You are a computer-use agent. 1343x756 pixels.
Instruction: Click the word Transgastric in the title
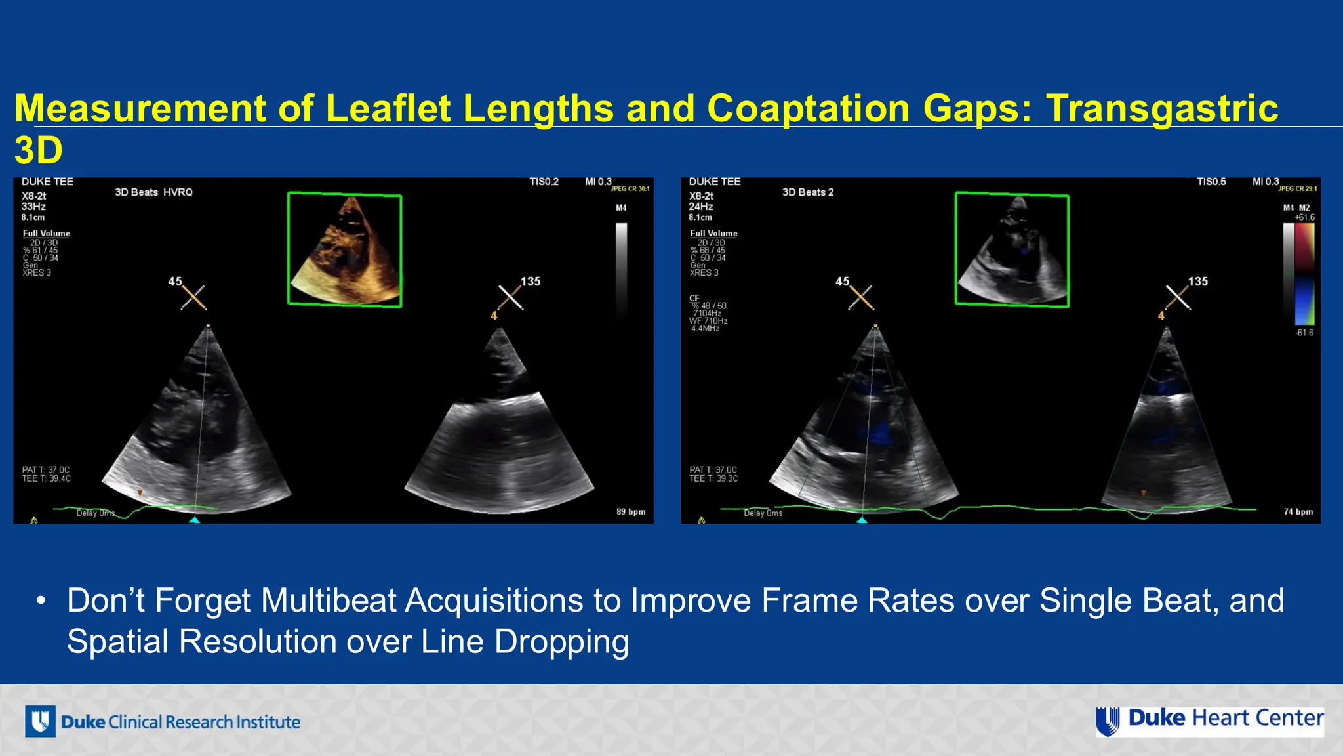(x=1161, y=108)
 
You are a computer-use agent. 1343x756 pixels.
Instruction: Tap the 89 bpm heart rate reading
(x=631, y=512)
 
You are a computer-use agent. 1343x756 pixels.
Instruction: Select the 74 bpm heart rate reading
(x=1298, y=512)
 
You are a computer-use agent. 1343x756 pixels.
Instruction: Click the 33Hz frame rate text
(x=33, y=207)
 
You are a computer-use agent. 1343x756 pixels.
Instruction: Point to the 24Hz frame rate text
(x=701, y=207)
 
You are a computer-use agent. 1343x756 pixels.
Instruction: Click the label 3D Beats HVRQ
(x=153, y=192)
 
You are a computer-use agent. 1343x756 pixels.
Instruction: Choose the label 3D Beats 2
(x=808, y=192)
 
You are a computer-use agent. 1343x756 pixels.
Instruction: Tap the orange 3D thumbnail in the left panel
(x=345, y=249)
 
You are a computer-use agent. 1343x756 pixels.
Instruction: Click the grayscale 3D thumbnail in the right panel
(x=1012, y=249)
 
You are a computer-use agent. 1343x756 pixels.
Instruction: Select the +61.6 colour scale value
(x=1304, y=217)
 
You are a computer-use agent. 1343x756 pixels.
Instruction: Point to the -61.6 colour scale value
(x=1304, y=333)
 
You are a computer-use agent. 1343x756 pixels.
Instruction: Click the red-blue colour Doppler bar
(x=1304, y=274)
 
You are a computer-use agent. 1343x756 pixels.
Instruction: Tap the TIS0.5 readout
(x=1211, y=182)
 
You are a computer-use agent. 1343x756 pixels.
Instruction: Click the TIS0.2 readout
(x=544, y=182)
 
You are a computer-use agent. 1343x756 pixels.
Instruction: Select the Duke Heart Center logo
(x=1210, y=721)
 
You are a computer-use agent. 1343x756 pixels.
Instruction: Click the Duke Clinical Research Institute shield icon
(x=40, y=722)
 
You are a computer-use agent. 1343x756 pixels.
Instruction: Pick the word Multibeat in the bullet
(x=330, y=600)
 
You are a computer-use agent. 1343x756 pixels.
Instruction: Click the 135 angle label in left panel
(x=531, y=282)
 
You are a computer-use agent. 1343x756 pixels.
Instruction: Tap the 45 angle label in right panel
(x=842, y=282)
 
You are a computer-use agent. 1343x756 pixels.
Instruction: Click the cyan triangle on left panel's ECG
(x=194, y=520)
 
